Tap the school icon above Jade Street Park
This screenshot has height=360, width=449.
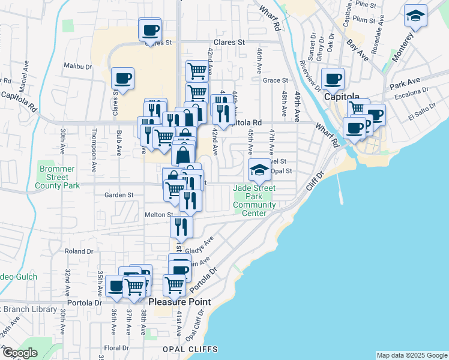pos(260,170)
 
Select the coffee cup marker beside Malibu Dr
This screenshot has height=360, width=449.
pos(122,79)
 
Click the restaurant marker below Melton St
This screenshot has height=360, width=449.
pos(181,226)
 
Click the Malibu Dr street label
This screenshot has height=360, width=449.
pos(79,67)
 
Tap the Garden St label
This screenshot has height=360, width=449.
pos(118,195)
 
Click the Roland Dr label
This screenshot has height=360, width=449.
pos(79,251)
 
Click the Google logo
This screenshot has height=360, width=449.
pos(20,353)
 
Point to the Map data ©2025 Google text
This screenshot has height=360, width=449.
pos(411,355)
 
